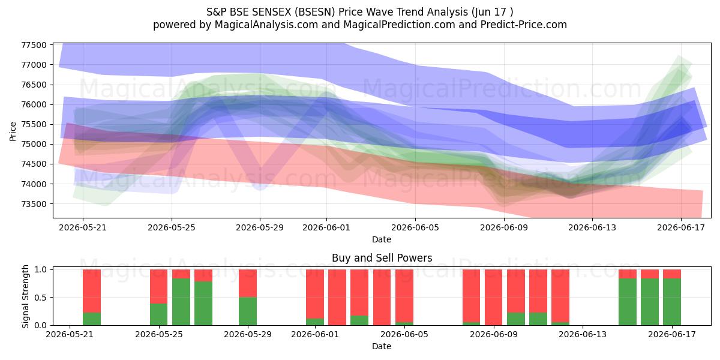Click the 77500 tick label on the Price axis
click(34, 45)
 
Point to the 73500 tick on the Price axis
click(34, 204)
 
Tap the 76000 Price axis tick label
click(34, 104)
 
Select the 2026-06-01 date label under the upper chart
click(326, 227)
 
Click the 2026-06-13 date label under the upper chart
click(592, 227)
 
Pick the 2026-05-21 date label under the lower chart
click(70, 334)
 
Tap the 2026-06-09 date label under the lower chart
click(494, 334)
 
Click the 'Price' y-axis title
click(13, 131)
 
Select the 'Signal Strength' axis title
click(25, 296)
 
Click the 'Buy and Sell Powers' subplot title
click(382, 258)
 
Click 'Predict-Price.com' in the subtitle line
click(524, 25)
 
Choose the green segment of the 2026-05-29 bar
click(247, 311)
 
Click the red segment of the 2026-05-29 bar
click(247, 283)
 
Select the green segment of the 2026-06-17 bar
click(672, 302)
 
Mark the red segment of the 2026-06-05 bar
click(404, 296)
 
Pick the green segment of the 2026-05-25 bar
click(159, 314)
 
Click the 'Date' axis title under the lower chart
click(382, 346)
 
